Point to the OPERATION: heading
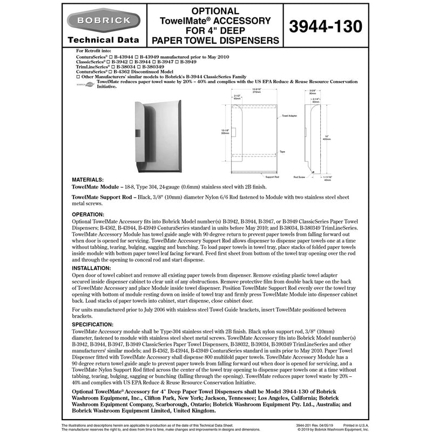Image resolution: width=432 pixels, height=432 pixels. coord(90,214)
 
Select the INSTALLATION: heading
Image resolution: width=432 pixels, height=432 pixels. coord(93,268)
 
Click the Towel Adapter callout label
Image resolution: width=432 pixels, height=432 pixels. coord(289,116)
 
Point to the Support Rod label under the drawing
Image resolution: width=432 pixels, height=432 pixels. coord(272,176)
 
